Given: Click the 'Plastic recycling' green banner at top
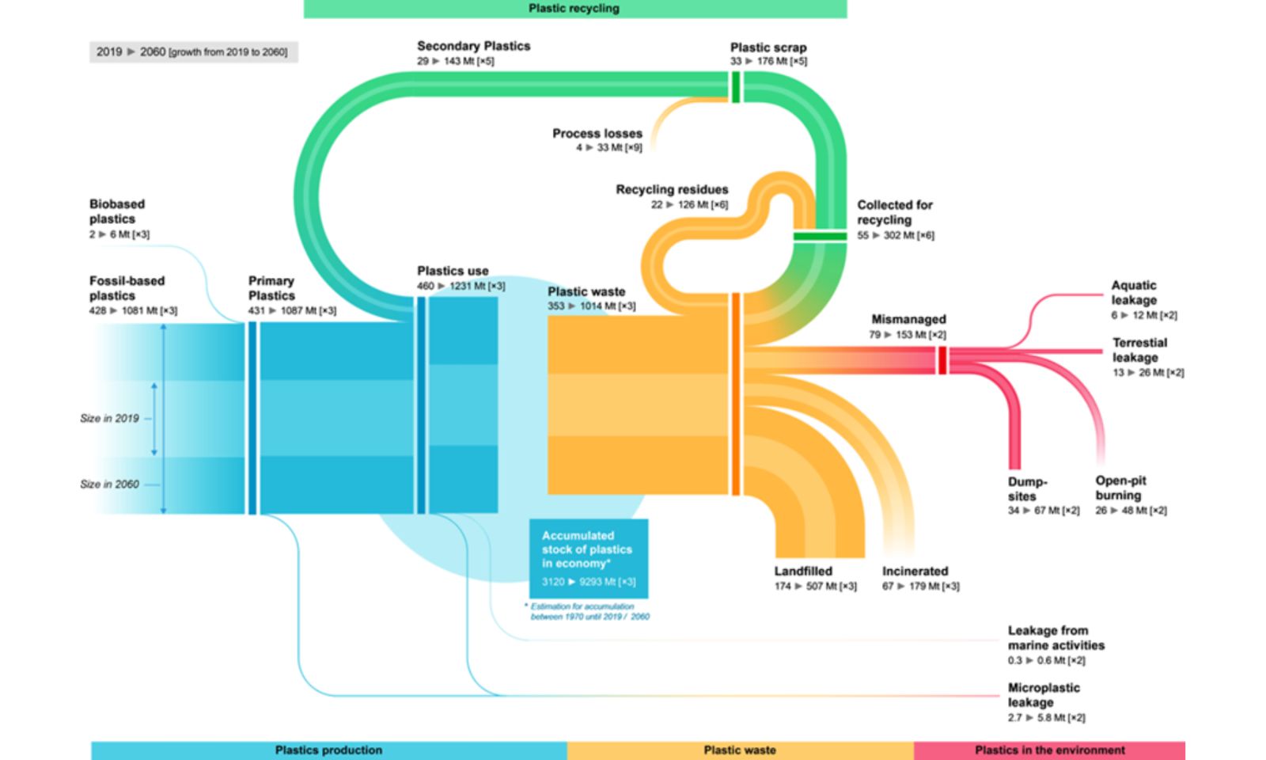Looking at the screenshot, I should (x=574, y=9).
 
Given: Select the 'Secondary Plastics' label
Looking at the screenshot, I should (x=473, y=46).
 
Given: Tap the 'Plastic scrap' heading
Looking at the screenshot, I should (x=768, y=47).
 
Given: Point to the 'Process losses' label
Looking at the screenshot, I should (x=597, y=134).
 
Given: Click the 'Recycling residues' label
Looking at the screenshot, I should (x=672, y=190).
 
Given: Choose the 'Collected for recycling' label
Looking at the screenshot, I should (x=894, y=212).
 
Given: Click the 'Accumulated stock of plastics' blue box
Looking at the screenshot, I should (x=588, y=558).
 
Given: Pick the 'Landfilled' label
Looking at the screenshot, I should (x=802, y=572).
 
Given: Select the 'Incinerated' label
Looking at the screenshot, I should (x=915, y=572).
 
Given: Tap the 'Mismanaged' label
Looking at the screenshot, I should (x=908, y=320).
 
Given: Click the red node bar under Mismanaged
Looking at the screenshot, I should (x=942, y=360).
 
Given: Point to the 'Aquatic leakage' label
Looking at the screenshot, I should (x=1133, y=293).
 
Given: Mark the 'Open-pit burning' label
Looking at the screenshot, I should (x=1120, y=488).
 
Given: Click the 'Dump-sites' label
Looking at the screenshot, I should (x=1026, y=489).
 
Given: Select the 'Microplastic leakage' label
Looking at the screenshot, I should (x=1043, y=695).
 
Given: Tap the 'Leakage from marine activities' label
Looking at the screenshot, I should (x=1055, y=638).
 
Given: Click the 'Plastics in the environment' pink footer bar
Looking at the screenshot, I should (x=1049, y=750).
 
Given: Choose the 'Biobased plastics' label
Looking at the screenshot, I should (x=116, y=211).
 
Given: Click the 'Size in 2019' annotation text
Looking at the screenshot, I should (x=109, y=418).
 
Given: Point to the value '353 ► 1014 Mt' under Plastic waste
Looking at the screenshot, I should (x=591, y=306).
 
